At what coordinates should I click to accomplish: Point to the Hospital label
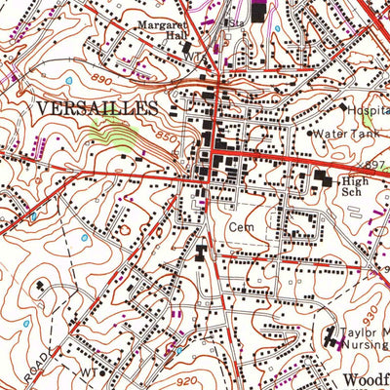(x=365, y=111)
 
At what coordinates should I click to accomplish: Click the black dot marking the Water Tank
(x=310, y=133)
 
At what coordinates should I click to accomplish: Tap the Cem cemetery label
(x=241, y=226)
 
